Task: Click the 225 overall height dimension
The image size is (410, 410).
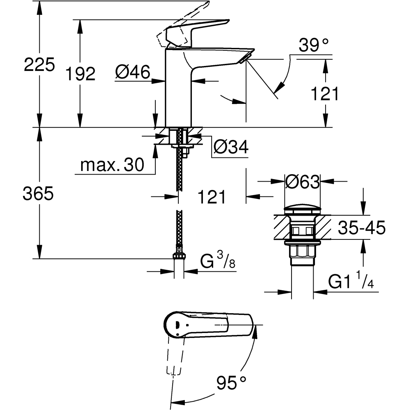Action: [39, 65]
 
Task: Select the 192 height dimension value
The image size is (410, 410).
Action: [80, 74]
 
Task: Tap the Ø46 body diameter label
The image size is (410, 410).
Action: [132, 73]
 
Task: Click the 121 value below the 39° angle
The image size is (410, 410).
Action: [325, 94]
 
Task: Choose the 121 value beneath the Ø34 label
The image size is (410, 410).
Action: [212, 197]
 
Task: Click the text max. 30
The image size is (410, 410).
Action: [112, 165]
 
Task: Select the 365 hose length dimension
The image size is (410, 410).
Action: [39, 194]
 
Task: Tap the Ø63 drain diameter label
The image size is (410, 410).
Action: [303, 182]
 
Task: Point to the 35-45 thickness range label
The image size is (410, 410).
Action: [361, 228]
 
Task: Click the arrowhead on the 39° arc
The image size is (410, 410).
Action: [278, 87]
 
